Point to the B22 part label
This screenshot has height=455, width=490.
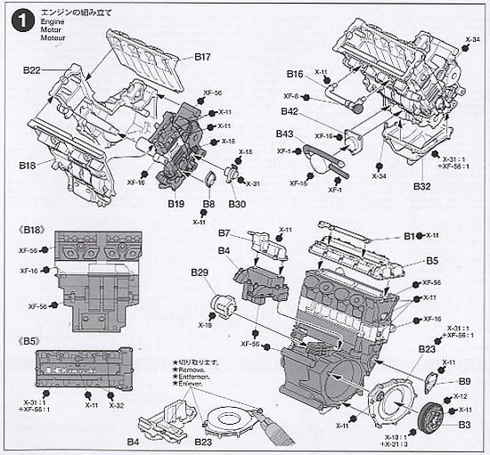33,71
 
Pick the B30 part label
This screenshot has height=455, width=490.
237,204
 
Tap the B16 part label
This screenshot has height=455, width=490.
296,76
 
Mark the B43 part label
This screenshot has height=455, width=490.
285,134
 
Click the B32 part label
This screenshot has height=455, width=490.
423,187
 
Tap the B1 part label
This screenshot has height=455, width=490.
410,236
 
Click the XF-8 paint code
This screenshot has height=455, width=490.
290,96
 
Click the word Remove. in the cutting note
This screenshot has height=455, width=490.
190,372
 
